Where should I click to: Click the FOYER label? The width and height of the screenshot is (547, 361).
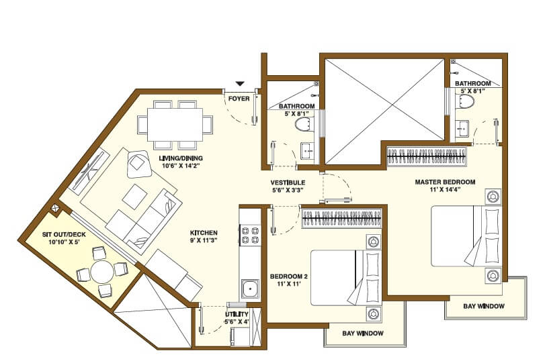[x=239, y=99]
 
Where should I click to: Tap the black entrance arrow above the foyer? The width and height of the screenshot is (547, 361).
[x=240, y=84]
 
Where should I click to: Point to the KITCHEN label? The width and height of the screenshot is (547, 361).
[x=204, y=233]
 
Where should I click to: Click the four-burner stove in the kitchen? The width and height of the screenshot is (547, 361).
[x=246, y=235]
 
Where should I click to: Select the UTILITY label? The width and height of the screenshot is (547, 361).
[x=237, y=314]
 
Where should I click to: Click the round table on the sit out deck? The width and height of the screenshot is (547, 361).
[x=103, y=272]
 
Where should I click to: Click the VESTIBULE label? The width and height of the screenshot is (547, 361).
[x=288, y=183]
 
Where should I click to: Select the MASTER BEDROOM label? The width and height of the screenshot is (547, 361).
[x=445, y=182]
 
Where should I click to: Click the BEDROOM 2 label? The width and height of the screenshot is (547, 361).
[x=288, y=276]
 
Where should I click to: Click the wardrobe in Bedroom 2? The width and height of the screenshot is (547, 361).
[x=343, y=218]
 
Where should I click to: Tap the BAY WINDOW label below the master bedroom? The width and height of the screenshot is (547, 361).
[x=483, y=307]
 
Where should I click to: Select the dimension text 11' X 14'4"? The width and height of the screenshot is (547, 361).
[x=445, y=191]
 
